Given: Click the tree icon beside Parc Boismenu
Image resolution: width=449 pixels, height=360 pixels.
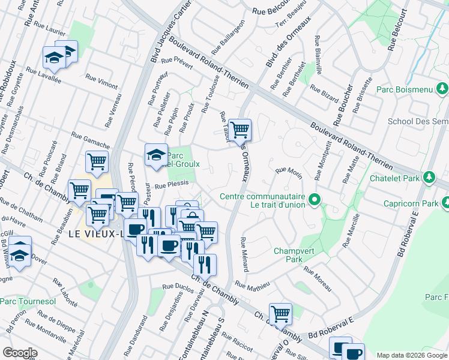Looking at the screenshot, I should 442,89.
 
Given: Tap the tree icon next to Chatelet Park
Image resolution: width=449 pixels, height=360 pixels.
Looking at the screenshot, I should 429,178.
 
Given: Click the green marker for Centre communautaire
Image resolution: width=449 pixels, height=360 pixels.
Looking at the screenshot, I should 313,199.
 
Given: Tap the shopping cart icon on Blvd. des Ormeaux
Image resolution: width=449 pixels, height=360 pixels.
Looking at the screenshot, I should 240,129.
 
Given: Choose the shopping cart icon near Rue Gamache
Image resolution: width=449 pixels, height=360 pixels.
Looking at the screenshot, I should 97,161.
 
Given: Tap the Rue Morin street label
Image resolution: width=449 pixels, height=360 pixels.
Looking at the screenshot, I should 288,172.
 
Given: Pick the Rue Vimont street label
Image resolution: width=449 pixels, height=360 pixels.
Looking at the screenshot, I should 101,82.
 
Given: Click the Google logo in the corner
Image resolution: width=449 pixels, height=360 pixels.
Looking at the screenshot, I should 20,353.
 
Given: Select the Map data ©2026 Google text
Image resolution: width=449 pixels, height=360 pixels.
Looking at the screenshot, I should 411,355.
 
